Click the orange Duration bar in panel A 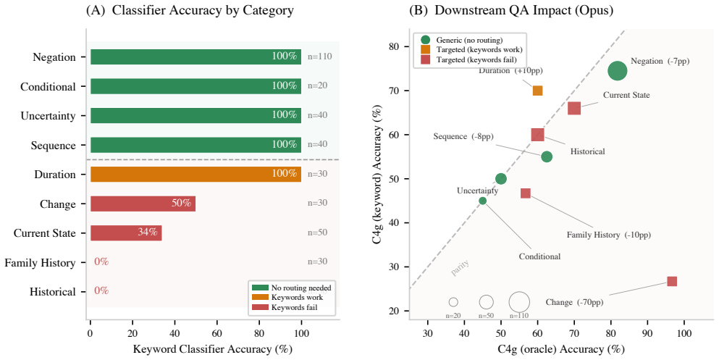pos(195,175)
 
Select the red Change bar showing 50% pos(143,204)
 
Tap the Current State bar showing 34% pos(126,233)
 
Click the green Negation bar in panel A pos(195,57)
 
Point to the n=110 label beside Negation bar pos(319,57)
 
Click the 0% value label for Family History pos(101,262)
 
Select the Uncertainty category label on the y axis pos(48,116)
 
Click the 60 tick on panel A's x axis pos(217,333)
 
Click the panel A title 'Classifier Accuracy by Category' pos(203,11)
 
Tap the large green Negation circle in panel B pos(617,71)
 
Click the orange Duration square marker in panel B pos(537,91)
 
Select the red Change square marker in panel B pos(672,281)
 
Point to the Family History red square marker pos(526,193)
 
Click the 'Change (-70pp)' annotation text pos(574,302)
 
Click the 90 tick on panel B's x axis pos(647,333)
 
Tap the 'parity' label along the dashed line pos(460,267)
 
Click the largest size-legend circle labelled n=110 pos(519,302)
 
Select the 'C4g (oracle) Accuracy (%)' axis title pos(561,349)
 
